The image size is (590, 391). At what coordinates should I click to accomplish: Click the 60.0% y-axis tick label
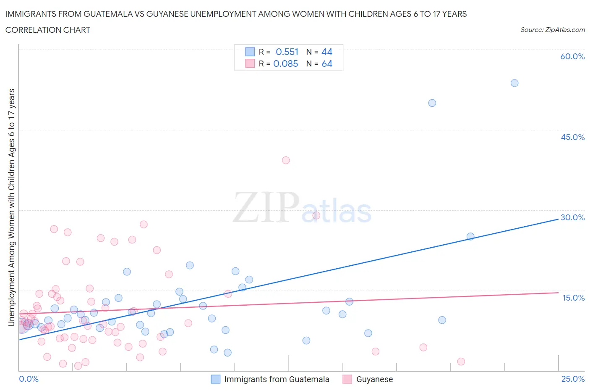coord(572,56)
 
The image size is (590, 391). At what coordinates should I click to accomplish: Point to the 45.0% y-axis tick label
coord(572,137)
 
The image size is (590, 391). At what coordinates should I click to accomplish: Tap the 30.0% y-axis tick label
coord(572,217)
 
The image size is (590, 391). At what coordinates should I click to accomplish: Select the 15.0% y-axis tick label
coord(573,298)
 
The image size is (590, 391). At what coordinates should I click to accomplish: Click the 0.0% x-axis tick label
coord(29,379)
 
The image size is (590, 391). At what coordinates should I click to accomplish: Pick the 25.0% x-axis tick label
coord(573,379)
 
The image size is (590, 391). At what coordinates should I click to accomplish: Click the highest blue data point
coord(514,83)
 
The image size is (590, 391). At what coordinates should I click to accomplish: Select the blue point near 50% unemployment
coord(432,103)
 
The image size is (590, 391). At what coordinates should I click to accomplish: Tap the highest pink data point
coord(286,160)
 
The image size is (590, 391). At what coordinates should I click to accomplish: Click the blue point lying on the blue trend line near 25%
coord(470,236)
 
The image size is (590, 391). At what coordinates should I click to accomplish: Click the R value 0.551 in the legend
coord(287,52)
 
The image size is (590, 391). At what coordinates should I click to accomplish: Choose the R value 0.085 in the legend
coord(286,63)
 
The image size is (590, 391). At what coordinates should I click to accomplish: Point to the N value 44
coord(327,52)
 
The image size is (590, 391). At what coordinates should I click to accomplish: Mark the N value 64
coord(327,63)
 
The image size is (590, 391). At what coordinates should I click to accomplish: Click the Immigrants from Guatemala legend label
coord(277,379)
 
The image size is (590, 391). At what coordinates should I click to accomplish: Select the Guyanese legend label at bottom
coord(374,379)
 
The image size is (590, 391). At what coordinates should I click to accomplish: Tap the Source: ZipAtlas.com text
coord(552,30)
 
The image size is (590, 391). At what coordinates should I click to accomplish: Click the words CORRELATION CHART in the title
coord(48,30)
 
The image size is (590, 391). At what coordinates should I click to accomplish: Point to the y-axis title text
coord(11,207)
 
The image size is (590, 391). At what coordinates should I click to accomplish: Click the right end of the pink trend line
coord(558,293)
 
